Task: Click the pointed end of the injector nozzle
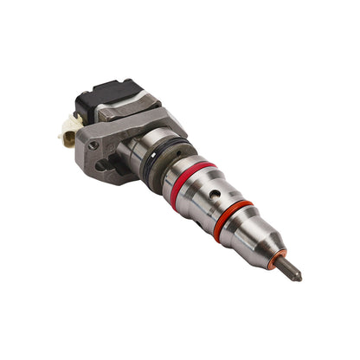(299, 278)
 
